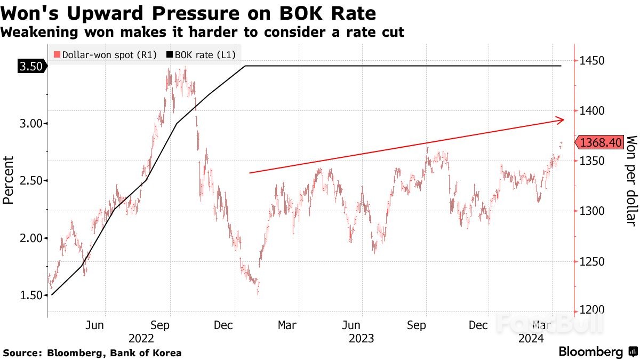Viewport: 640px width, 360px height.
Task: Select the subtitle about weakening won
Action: (x=202, y=32)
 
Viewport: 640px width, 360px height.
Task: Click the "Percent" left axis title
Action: (x=9, y=180)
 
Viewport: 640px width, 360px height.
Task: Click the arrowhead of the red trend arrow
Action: (x=560, y=120)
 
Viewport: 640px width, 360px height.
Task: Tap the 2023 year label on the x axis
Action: (x=361, y=338)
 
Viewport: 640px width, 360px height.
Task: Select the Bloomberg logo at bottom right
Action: (x=597, y=352)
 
